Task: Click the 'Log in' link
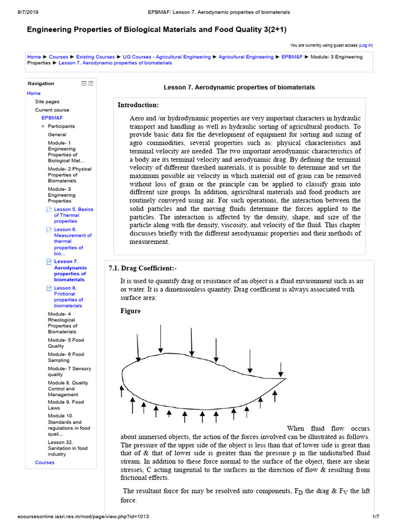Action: point(365,45)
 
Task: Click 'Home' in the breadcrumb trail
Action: point(34,57)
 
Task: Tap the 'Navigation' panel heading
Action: point(41,83)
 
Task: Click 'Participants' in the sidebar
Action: point(61,126)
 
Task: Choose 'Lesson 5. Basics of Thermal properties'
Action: point(73,215)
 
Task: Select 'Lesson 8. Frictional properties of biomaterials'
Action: point(68,297)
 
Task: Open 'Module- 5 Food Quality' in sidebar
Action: point(66,343)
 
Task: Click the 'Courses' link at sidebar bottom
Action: point(44,462)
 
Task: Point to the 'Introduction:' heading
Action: point(138,105)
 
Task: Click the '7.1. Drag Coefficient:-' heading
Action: point(143,268)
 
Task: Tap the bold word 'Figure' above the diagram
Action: point(130,311)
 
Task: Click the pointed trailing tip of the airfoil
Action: point(286,379)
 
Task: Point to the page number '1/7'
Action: point(376,517)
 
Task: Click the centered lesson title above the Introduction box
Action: point(239,88)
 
